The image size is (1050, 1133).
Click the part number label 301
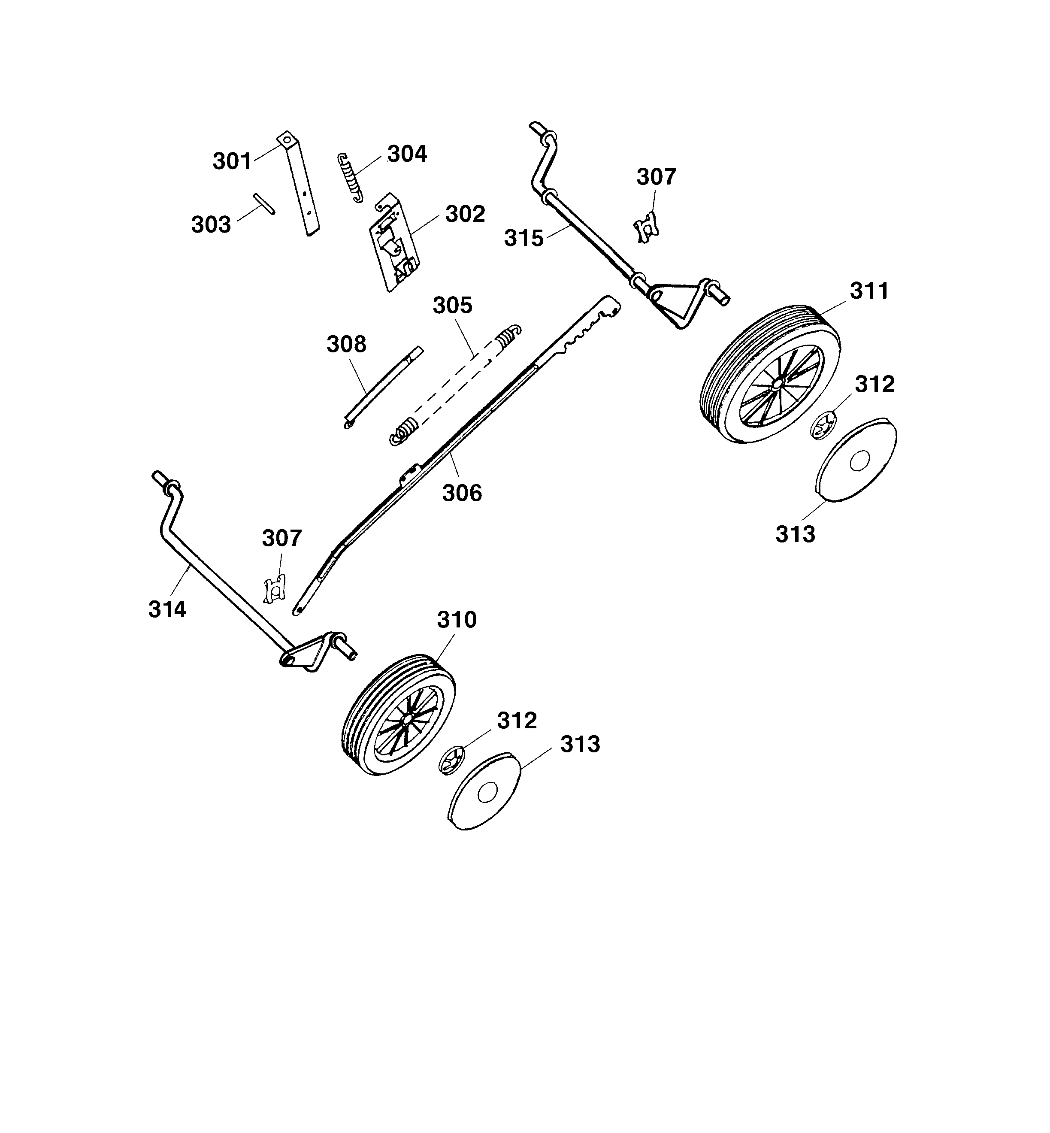pyautogui.click(x=232, y=161)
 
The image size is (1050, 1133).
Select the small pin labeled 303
pyautogui.click(x=265, y=203)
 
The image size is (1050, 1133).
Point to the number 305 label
pyautogui.click(x=452, y=306)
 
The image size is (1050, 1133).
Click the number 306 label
pyautogui.click(x=462, y=493)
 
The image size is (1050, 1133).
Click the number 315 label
pyautogui.click(x=523, y=238)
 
